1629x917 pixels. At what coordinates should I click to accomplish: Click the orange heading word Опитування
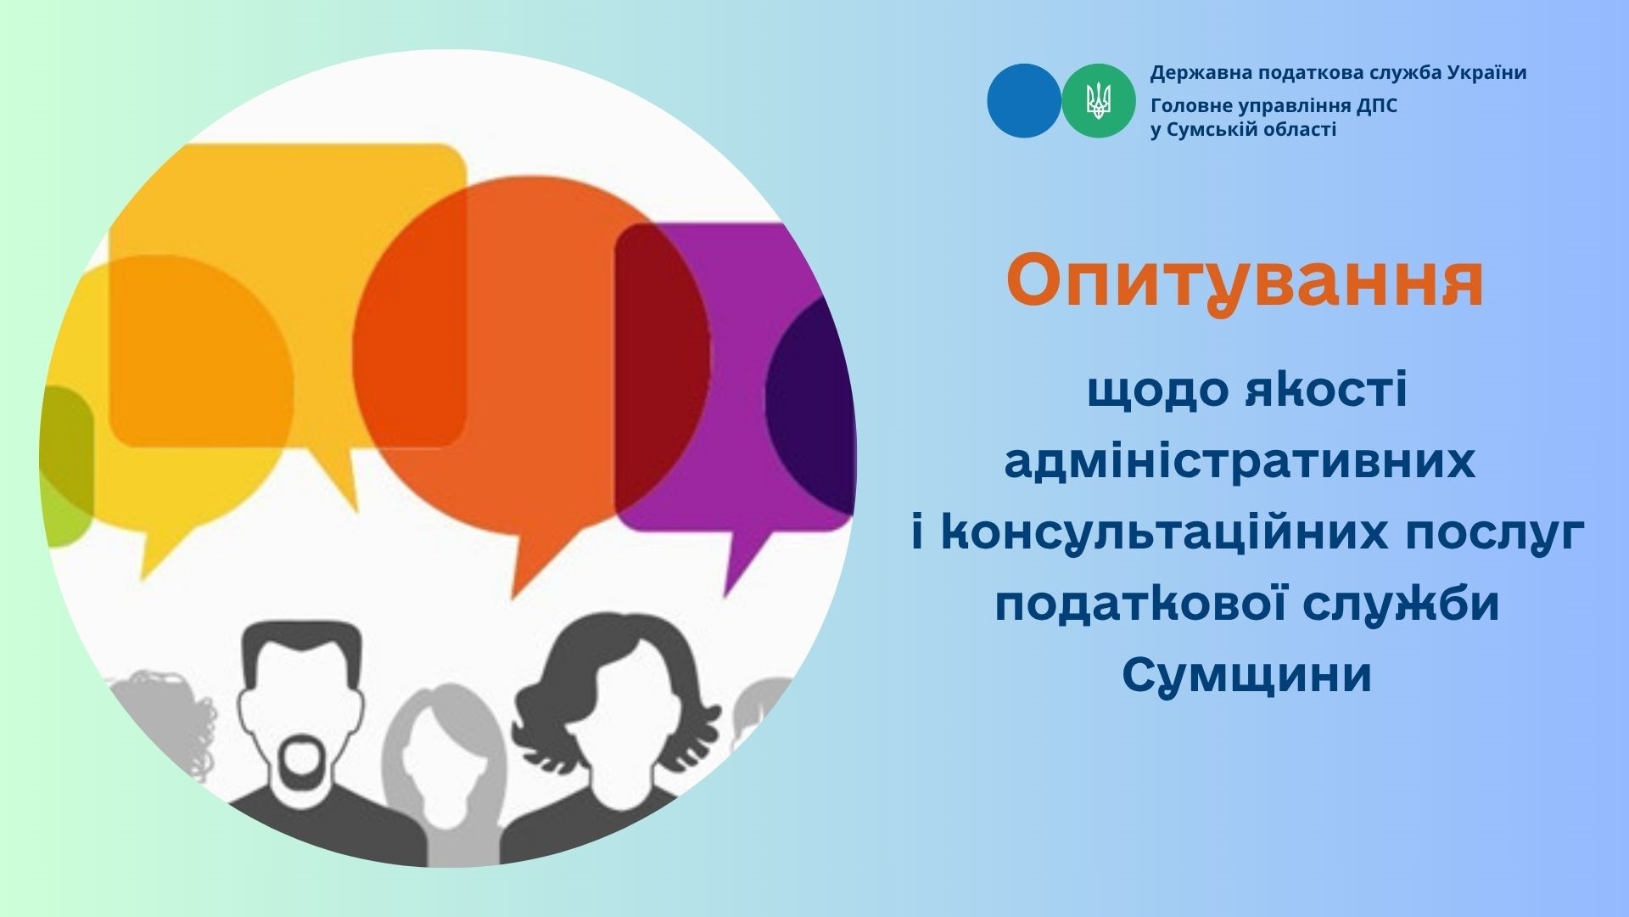[1245, 284]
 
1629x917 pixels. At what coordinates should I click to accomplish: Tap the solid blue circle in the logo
[1024, 101]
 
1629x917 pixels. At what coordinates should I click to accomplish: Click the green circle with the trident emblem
[1099, 101]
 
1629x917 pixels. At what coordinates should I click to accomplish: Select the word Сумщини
[1246, 676]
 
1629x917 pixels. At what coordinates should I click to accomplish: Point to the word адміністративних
[1240, 463]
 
